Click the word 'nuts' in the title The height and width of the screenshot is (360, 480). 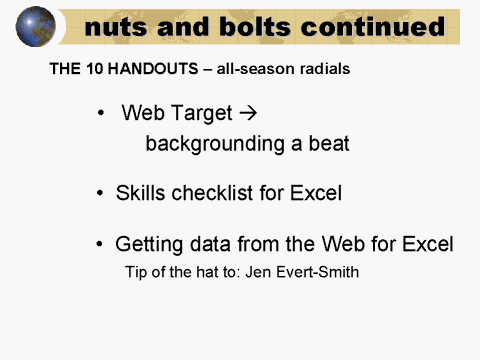[x=116, y=27]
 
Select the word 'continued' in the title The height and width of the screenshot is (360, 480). [x=370, y=27]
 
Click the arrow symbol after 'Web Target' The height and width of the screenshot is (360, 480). [x=252, y=113]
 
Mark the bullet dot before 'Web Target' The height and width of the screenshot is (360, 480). [x=102, y=114]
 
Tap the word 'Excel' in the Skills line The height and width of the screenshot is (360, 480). [x=314, y=193]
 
